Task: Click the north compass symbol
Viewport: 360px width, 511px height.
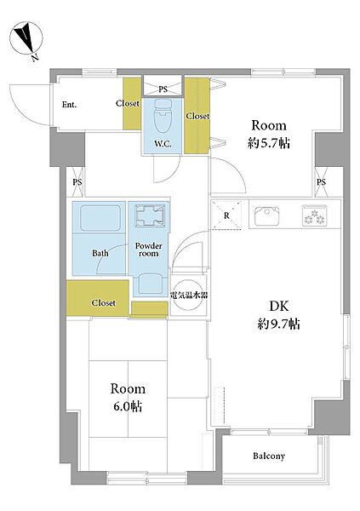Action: (x=26, y=37)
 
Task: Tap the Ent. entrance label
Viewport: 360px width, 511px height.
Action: (x=70, y=105)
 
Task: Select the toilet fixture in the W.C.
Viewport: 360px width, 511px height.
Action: (x=163, y=117)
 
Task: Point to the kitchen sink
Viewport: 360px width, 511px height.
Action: (x=267, y=215)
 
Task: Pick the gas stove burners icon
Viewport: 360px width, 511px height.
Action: (x=314, y=215)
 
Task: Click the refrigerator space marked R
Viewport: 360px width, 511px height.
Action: (x=226, y=215)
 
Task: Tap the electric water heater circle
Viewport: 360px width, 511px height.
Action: (x=189, y=296)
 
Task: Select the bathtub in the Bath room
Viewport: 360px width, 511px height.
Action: (x=100, y=218)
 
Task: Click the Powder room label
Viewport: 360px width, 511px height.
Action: (x=149, y=250)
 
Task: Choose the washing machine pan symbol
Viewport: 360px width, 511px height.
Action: (x=150, y=215)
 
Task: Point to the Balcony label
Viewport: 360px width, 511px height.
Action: (x=269, y=456)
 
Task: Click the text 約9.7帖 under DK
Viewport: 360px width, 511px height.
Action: (x=279, y=324)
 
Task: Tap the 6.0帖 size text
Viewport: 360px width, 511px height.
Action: (x=128, y=406)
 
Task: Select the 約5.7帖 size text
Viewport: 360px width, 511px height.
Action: (x=269, y=143)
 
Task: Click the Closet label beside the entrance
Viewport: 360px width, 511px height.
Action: (x=128, y=103)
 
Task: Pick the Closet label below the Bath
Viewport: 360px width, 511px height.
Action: (x=104, y=302)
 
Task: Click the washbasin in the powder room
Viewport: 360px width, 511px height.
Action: (x=150, y=283)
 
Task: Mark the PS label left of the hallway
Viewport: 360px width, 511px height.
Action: (x=77, y=182)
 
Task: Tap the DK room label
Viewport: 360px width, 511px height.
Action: (x=279, y=307)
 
